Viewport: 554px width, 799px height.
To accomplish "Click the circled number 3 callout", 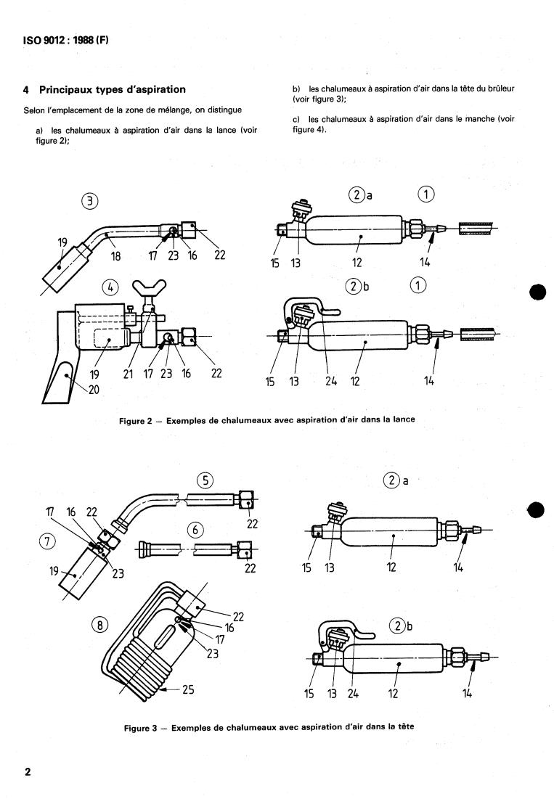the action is click(90, 201).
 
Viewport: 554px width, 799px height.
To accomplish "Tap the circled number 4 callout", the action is click(110, 287).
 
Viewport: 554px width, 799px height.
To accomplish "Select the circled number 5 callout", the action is click(205, 480).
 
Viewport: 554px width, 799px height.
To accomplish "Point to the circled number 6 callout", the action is click(195, 530).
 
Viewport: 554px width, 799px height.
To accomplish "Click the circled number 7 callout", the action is click(47, 541).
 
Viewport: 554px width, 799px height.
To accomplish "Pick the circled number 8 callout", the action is click(100, 624).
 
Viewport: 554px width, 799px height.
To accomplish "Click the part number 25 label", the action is click(188, 689).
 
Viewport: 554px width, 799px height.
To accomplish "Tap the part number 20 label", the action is click(94, 390).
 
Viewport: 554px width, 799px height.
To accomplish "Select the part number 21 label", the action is click(128, 374).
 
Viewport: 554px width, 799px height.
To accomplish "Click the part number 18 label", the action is click(115, 256).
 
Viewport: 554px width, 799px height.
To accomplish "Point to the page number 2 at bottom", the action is click(28, 771).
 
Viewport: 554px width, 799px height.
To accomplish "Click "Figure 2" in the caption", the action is click(135, 421).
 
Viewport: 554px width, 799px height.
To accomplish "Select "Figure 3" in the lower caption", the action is click(140, 728).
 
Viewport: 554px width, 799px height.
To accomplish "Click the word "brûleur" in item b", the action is click(501, 89).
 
